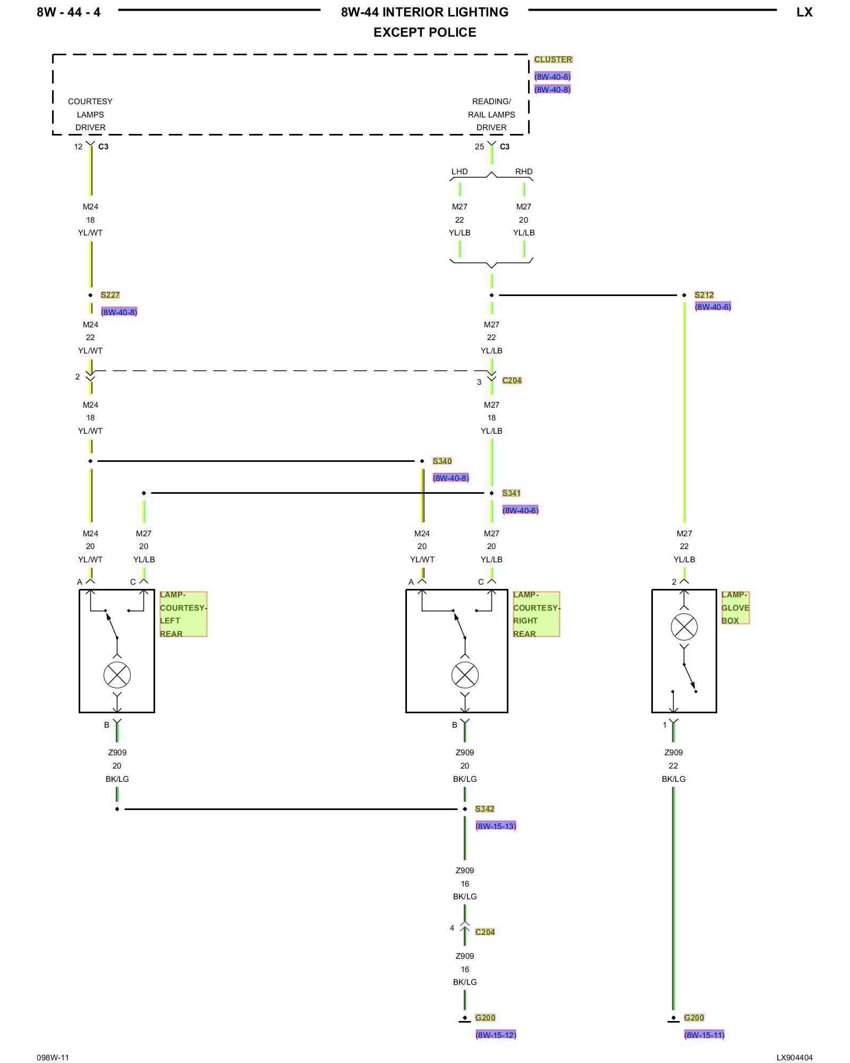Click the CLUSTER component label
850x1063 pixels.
[553, 60]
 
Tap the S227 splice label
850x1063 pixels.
[110, 295]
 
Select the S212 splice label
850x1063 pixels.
[704, 295]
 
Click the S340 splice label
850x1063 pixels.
[442, 461]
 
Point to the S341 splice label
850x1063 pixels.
[511, 493]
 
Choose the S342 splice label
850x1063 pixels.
[484, 809]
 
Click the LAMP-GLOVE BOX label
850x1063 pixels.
[735, 608]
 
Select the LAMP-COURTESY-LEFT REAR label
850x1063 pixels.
[183, 614]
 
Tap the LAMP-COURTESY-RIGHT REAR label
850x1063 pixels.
[536, 614]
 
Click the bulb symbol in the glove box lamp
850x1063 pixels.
[684, 627]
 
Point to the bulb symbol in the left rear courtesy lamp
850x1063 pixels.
[117, 676]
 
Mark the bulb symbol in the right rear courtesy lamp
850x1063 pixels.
[465, 676]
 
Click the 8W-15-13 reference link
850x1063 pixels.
[496, 826]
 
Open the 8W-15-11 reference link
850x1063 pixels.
[704, 1035]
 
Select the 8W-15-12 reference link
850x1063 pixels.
[496, 1035]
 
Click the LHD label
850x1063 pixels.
[460, 172]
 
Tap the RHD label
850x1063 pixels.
[524, 172]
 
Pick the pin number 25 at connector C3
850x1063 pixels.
[479, 147]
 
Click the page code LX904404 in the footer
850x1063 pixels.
[794, 1058]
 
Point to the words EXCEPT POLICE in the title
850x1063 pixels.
[425, 32]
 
